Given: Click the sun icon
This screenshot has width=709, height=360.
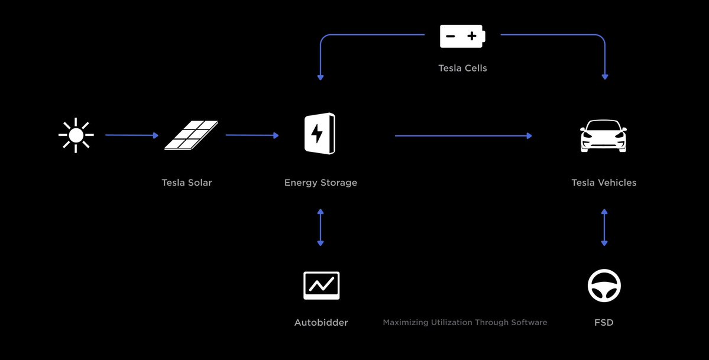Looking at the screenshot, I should click(76, 135).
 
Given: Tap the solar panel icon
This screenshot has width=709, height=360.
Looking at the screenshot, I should click(190, 135).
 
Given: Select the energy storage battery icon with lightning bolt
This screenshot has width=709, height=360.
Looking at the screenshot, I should click(319, 134).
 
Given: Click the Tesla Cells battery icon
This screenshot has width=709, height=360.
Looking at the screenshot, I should click(462, 36).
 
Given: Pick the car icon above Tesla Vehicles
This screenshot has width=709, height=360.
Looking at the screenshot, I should click(604, 136).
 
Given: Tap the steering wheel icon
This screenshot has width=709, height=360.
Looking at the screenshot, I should click(604, 286).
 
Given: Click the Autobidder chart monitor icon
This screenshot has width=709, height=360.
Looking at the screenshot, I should click(321, 286).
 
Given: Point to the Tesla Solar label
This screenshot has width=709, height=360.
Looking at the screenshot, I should click(186, 183).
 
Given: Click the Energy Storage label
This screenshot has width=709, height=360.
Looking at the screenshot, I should click(320, 183).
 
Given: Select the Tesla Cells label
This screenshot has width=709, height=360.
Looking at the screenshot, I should click(462, 68).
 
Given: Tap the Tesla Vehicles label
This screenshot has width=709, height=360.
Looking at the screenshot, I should click(604, 183).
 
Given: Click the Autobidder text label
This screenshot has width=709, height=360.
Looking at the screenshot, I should click(321, 323).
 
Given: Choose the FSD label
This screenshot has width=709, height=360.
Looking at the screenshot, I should click(604, 323).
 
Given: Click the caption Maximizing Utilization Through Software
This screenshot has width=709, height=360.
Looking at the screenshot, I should click(465, 323).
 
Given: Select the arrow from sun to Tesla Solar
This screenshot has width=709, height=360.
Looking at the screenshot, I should click(132, 135).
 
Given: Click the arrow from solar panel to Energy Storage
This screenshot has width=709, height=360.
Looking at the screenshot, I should click(252, 135).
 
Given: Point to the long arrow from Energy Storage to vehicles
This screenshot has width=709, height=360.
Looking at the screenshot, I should click(463, 136).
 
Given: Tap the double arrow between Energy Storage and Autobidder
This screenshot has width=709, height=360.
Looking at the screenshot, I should click(320, 227).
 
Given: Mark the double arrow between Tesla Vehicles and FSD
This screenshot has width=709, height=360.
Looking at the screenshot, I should click(604, 227).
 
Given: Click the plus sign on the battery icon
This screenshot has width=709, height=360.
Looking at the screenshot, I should click(472, 37).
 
